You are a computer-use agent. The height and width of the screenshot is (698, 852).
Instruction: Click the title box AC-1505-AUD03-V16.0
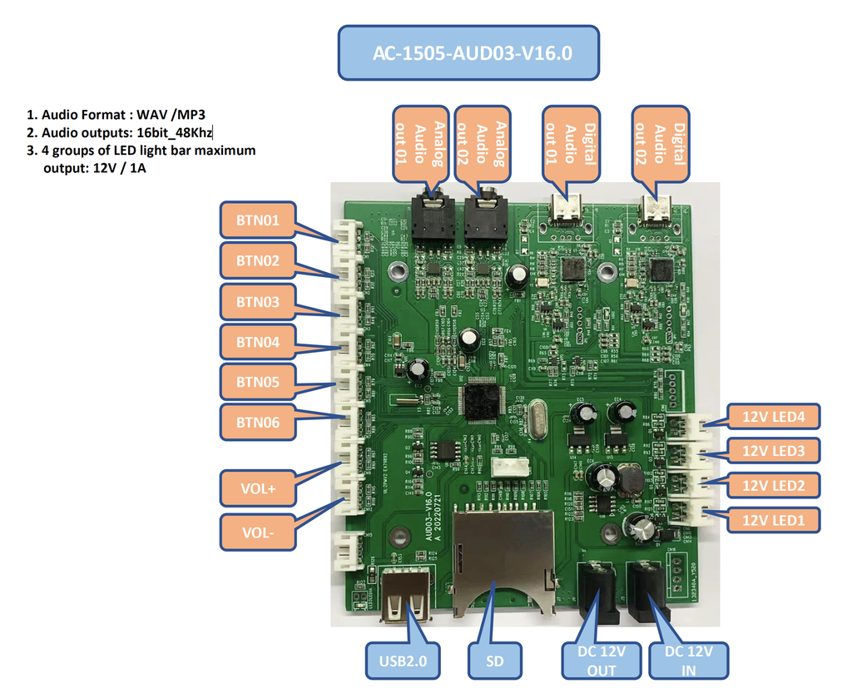tap(468, 52)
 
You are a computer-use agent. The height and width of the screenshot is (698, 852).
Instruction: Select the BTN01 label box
tap(257, 220)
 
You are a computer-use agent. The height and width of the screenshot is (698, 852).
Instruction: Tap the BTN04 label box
tap(257, 342)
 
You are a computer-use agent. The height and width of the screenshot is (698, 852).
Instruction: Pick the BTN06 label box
tap(257, 423)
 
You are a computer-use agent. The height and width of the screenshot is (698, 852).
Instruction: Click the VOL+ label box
tap(258, 488)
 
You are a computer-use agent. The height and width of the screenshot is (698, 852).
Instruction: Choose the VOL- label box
tap(258, 532)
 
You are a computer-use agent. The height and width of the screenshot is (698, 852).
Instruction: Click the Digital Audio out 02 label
tap(660, 143)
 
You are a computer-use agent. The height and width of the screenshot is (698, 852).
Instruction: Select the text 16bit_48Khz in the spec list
tap(176, 132)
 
